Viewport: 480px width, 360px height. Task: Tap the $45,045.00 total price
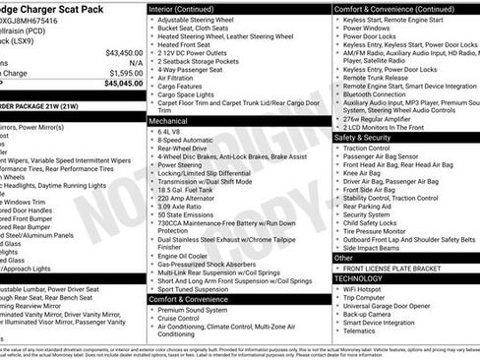tap(123, 83)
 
